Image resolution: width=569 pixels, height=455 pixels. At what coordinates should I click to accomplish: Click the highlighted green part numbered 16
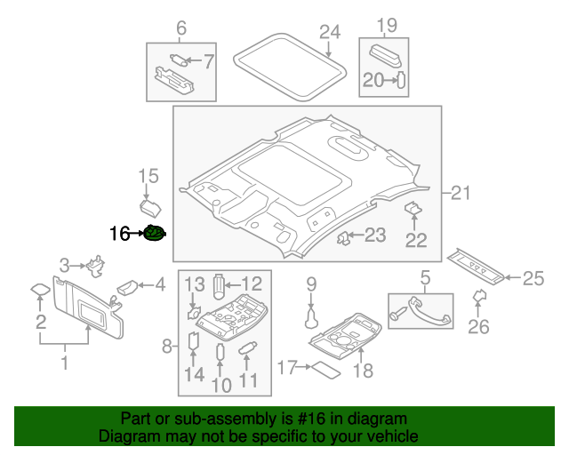click(156, 234)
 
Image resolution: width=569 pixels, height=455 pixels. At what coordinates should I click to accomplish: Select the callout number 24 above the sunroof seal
click(330, 33)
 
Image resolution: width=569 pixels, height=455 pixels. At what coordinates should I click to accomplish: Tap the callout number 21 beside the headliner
click(460, 193)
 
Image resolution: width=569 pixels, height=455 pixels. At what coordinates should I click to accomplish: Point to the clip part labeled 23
click(342, 236)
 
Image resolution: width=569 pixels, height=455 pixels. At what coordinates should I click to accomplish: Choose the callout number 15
click(148, 175)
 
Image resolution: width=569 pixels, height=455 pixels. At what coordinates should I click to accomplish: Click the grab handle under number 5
click(421, 311)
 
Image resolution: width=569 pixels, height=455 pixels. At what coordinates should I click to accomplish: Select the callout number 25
click(532, 279)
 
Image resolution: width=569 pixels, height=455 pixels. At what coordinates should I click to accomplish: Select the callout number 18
click(363, 369)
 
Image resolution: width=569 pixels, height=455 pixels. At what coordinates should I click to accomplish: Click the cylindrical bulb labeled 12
click(220, 283)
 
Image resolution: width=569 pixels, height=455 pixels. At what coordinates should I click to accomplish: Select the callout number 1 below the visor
click(63, 362)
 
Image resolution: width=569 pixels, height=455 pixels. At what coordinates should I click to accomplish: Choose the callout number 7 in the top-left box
click(209, 61)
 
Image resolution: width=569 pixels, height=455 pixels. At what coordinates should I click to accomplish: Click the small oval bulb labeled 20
click(400, 80)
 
